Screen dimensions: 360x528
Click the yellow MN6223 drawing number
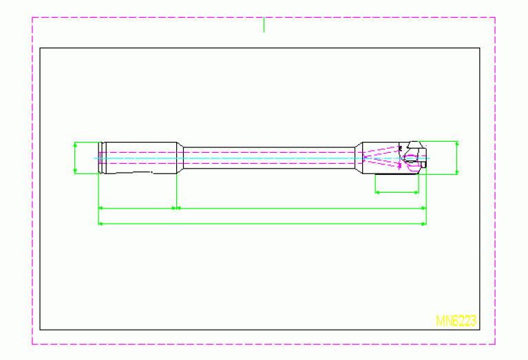pos(456,321)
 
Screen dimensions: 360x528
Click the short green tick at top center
pos(264,25)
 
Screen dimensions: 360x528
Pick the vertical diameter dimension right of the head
pos(457,158)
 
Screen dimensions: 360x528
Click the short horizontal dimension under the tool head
pos(397,192)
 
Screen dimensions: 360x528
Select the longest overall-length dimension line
pos(262,224)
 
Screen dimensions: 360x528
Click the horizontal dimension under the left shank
pos(138,207)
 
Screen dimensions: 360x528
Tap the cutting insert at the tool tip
pos(414,145)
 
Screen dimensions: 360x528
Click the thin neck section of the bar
pos(268,158)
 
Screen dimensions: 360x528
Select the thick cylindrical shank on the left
pos(138,157)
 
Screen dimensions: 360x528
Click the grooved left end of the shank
pos(101,158)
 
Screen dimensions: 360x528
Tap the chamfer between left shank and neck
pos(180,158)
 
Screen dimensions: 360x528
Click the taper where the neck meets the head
pos(359,158)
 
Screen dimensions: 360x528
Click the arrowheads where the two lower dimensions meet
pos(177,207)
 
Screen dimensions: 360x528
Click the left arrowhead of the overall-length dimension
pos(101,224)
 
